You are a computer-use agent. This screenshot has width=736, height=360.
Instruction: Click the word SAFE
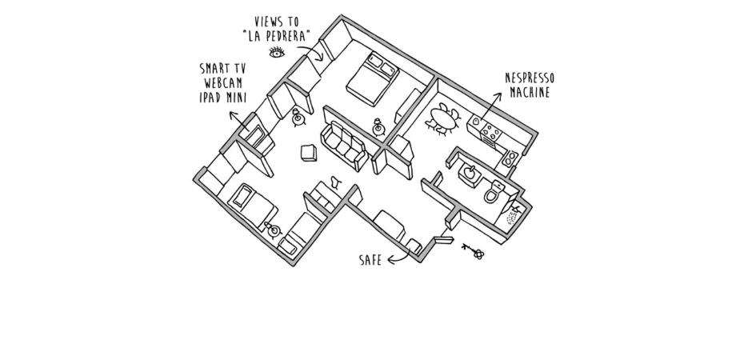coord(370,260)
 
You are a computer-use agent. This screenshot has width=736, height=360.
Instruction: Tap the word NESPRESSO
coord(530,78)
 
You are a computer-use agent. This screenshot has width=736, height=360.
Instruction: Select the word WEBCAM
coord(223,83)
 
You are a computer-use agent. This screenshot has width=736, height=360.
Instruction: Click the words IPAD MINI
coord(223,97)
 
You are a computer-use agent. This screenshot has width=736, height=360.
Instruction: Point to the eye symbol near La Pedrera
coord(277,52)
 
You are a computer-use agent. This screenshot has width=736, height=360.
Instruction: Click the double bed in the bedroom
coord(372,78)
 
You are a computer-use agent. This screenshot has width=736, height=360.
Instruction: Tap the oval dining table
coord(444,119)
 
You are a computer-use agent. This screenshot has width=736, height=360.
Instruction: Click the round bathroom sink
coord(470,174)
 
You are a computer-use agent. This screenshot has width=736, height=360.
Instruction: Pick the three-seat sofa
coord(344,146)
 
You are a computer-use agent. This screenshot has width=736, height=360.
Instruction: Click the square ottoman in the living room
coord(309,153)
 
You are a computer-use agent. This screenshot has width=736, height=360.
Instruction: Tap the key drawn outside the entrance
coord(473,251)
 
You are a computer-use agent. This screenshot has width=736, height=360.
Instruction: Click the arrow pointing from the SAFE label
coord(399,257)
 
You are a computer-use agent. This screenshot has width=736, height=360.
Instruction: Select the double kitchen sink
coord(510,158)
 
